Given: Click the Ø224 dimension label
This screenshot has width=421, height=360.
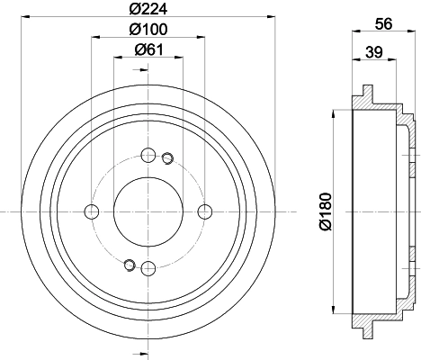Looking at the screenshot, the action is (x=148, y=9).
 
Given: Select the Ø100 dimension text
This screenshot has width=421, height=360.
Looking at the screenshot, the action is (x=148, y=29).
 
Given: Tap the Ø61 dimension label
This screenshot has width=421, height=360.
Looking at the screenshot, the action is (x=149, y=49).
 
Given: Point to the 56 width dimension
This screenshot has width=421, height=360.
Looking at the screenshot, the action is (x=383, y=23).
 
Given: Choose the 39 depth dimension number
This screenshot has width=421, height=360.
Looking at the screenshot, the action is (x=374, y=52).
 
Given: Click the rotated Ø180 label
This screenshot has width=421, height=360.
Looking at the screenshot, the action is (x=326, y=211).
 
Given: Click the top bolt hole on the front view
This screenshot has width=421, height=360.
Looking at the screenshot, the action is (x=148, y=155).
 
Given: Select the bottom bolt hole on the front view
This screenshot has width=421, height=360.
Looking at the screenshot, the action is (x=148, y=268).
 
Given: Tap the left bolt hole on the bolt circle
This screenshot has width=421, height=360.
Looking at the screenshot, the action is (x=92, y=211).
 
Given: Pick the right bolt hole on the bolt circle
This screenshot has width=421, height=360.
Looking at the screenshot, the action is (x=205, y=211).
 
